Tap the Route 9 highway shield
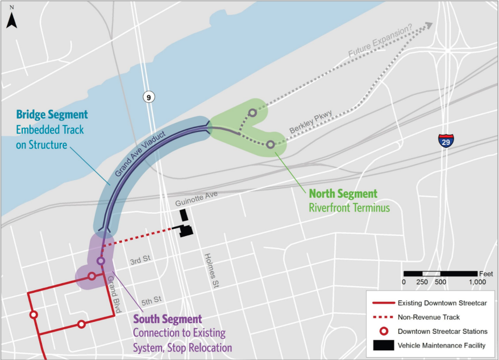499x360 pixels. click(x=148, y=97)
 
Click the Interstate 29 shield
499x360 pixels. click(x=446, y=140)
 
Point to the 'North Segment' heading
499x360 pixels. click(x=343, y=193)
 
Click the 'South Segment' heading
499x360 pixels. click(x=167, y=318)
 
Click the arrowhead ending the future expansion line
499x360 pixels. click(x=429, y=26)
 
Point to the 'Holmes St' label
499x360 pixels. click(x=209, y=270)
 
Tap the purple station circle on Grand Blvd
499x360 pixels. click(x=101, y=261)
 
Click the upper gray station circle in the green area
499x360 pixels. click(x=252, y=113)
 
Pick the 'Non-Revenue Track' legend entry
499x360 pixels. click(x=429, y=317)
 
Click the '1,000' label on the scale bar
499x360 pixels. click(x=477, y=282)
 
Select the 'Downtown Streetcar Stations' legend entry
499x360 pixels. click(x=443, y=331)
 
